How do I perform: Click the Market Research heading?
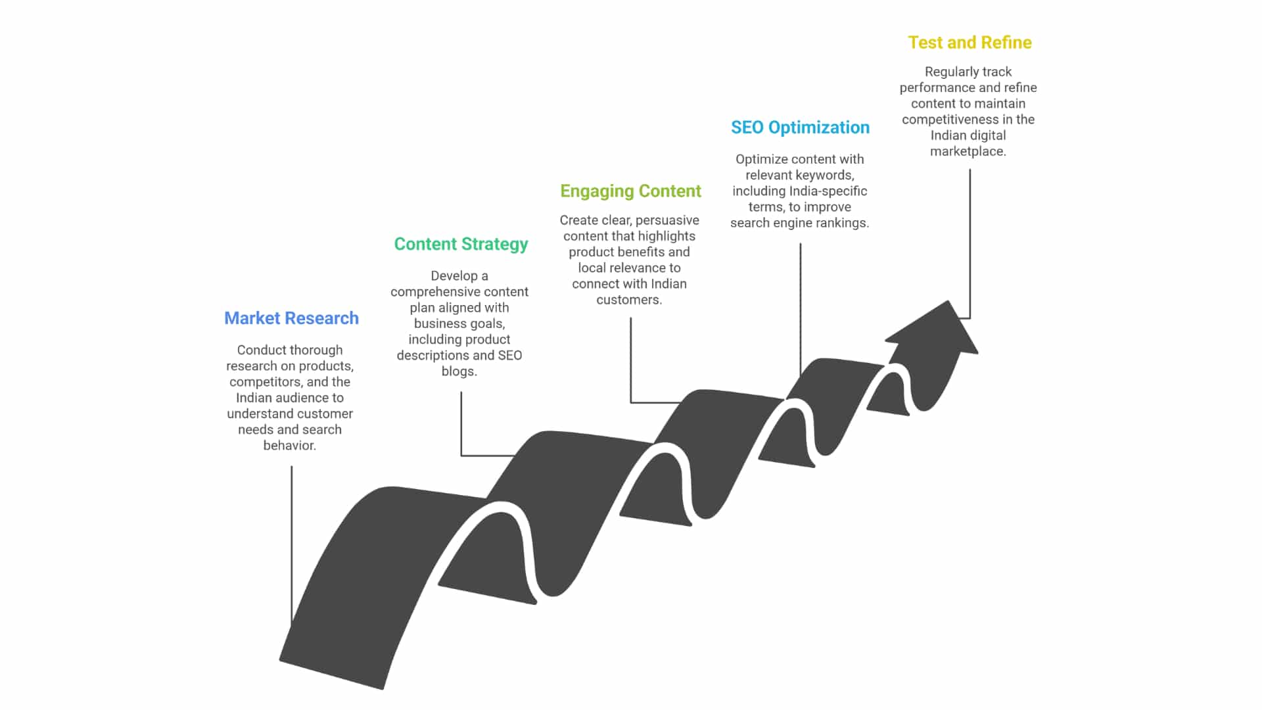tap(291, 318)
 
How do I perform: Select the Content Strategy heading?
tap(461, 244)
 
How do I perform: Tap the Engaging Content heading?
tap(630, 191)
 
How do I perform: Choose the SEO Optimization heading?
tap(800, 128)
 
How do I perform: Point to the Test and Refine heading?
tap(970, 43)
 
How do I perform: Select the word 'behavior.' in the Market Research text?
tap(289, 446)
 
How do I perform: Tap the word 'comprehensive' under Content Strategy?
tap(434, 292)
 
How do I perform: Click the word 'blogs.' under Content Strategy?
tap(459, 371)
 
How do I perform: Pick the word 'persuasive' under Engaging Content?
tap(667, 220)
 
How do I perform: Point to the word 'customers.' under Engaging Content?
tap(629, 300)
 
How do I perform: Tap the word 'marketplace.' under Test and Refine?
tap(968, 151)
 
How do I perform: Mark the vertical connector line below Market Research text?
tap(292, 539)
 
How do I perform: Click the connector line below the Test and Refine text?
tap(970, 243)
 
